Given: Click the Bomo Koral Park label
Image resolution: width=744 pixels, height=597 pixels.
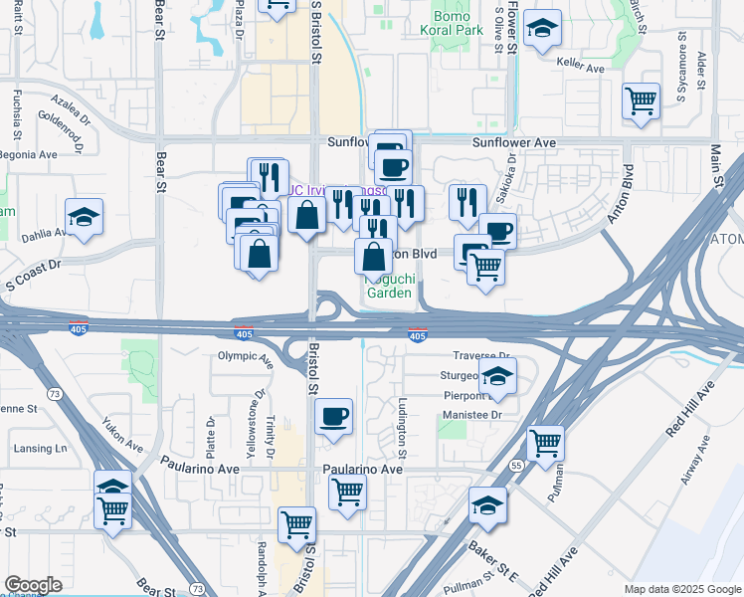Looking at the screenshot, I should point(458,24).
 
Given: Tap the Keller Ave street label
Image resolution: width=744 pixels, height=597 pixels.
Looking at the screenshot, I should point(582,69).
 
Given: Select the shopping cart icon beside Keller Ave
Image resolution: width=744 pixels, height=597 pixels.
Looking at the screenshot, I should point(641,100).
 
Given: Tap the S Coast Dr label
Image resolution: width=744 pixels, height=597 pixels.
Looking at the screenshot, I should point(33,266).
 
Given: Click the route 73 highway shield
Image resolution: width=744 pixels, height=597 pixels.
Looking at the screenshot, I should point(55,394).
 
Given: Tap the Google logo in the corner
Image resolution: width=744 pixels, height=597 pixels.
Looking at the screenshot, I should point(33,585).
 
